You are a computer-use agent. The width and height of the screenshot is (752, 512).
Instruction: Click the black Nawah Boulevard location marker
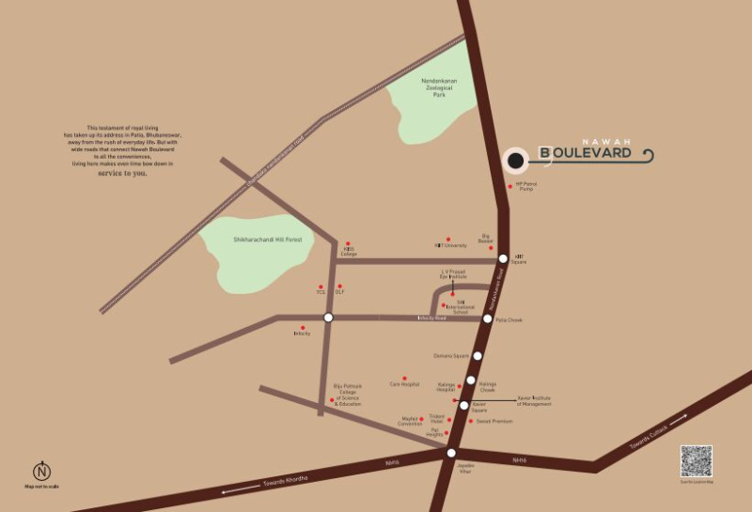(514, 161)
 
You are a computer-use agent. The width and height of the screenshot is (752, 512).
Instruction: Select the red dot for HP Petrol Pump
(510, 186)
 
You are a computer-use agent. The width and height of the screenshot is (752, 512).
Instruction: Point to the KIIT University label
(450, 245)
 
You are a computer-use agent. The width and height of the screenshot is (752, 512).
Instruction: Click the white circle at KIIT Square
(504, 257)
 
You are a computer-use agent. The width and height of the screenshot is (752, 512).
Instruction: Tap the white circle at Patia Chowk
(487, 319)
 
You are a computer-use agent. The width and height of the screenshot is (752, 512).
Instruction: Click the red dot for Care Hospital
(404, 379)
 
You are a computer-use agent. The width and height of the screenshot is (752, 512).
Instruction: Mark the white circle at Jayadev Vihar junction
(451, 452)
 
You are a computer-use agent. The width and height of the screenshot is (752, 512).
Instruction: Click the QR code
(697, 462)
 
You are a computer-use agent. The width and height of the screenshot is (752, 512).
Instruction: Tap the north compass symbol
(41, 472)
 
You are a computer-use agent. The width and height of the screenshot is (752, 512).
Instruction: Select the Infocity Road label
(431, 319)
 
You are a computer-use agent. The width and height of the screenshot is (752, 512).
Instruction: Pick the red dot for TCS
(321, 287)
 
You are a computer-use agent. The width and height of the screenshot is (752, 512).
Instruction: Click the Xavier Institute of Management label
(535, 400)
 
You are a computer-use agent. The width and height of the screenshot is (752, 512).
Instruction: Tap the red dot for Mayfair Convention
(421, 419)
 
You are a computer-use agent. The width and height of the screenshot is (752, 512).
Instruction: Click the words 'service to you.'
(122, 174)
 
